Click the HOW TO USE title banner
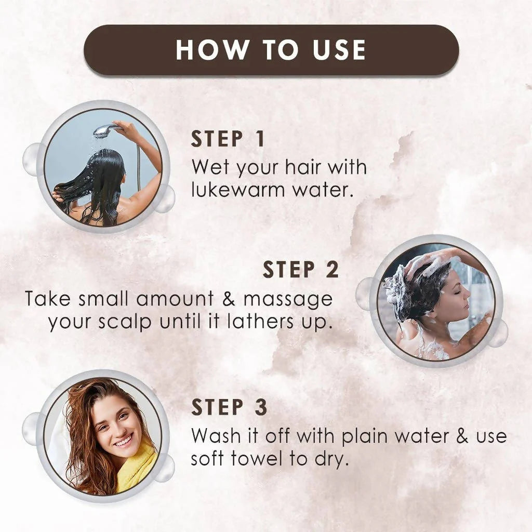271,50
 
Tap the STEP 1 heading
228,139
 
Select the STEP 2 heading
301,270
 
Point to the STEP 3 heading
229,408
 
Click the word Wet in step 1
210,167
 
